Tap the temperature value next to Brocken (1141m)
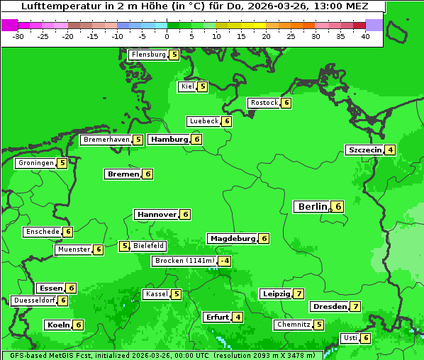225,261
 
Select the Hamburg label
169,139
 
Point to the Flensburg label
148,54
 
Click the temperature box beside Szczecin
390,150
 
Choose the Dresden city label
329,306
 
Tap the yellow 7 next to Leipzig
299,293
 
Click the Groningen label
35,163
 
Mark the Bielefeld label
149,246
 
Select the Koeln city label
57,325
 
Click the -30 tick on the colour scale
18,36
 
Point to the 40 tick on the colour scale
365,36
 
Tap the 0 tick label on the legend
167,36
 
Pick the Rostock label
264,103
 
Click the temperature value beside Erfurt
238,317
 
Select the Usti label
350,337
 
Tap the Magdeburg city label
232,238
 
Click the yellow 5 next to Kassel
177,293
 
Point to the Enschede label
42,232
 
